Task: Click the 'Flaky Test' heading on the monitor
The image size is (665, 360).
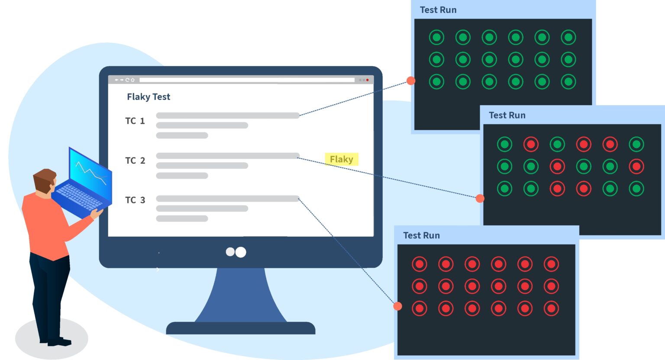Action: tap(148, 97)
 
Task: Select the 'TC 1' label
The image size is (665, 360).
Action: tap(135, 121)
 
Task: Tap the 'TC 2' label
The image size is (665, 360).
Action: tap(135, 161)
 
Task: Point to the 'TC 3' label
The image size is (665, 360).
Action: tap(135, 200)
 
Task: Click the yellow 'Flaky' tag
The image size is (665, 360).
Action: tap(342, 159)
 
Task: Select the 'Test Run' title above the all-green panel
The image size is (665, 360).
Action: tap(438, 10)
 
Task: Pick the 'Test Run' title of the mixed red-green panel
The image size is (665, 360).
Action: tap(507, 116)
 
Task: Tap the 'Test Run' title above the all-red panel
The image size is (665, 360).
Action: tap(421, 236)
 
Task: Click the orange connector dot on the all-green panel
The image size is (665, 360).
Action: tap(411, 80)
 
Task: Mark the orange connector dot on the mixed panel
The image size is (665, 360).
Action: tap(480, 199)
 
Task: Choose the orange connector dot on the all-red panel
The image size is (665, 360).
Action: tap(397, 306)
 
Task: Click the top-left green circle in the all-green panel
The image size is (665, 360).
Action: tap(436, 38)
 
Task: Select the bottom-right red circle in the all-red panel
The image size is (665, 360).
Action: tap(551, 309)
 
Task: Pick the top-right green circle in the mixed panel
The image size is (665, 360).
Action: tap(636, 145)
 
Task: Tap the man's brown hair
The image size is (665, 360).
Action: tap(44, 179)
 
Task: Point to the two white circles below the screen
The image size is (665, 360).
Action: tap(236, 252)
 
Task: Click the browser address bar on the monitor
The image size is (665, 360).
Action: tap(247, 80)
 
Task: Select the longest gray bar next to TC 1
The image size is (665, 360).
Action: tap(228, 116)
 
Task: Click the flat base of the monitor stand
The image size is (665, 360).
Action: tap(241, 328)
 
